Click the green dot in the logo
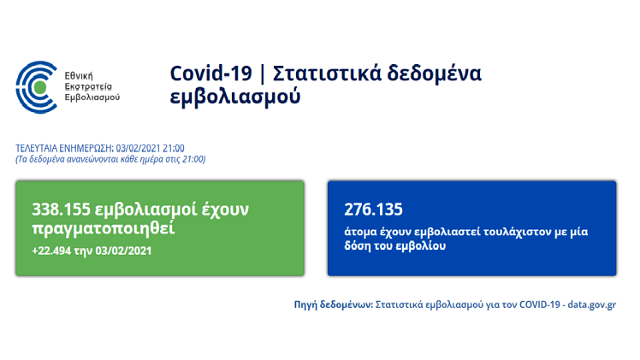click(x=40, y=87)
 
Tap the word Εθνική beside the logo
click(x=79, y=76)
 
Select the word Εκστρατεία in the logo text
click(x=88, y=86)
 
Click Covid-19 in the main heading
click(x=211, y=74)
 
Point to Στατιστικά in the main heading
click(x=327, y=74)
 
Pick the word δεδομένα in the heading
click(x=435, y=74)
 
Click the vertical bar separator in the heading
click(x=262, y=74)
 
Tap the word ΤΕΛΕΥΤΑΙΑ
click(x=37, y=148)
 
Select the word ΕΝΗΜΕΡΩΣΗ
click(x=86, y=148)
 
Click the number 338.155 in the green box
click(x=61, y=210)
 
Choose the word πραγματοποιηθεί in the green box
click(x=104, y=228)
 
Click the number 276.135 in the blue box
click(x=373, y=210)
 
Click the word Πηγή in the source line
click(x=305, y=305)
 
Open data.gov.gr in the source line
click(x=592, y=304)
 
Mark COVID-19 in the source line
click(x=540, y=304)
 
